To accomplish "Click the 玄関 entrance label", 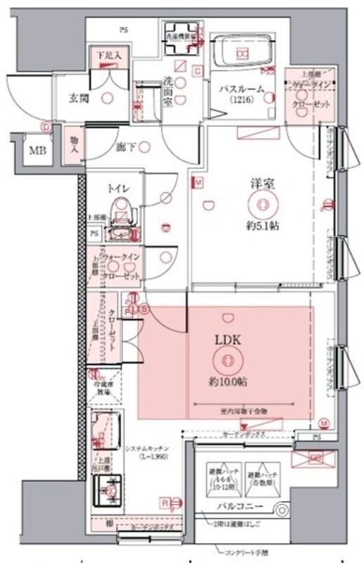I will click(x=77, y=98).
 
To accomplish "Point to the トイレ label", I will click(x=117, y=188).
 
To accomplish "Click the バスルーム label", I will click(x=241, y=89).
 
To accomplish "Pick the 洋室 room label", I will click(x=262, y=183).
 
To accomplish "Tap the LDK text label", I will click(x=227, y=339).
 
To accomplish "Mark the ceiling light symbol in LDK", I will click(x=227, y=361).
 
